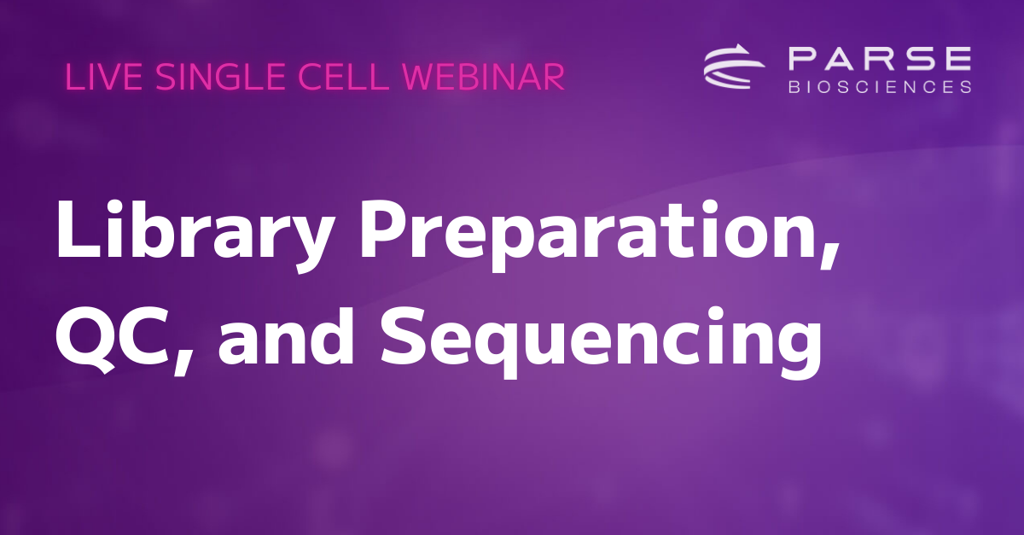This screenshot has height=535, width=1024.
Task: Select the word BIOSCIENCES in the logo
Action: pyautogui.click(x=880, y=86)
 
